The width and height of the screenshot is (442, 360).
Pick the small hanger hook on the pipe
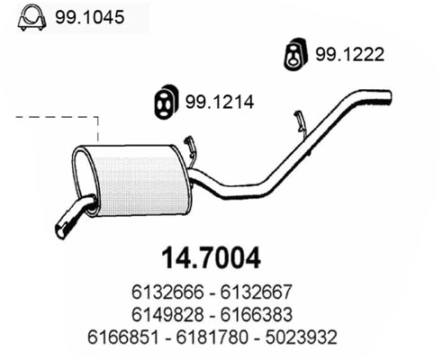pyautogui.click(x=299, y=119)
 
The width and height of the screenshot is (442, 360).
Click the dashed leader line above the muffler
pyautogui.click(x=63, y=116)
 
